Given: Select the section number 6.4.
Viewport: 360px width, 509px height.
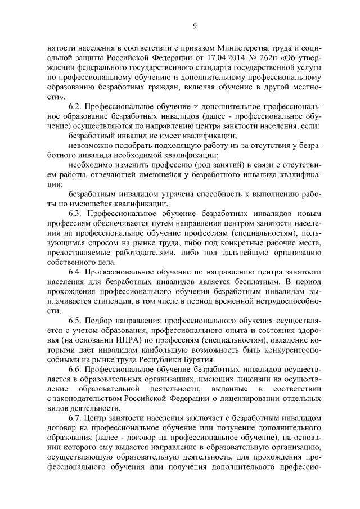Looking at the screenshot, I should coord(76,272).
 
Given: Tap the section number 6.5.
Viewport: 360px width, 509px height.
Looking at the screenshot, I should coord(76,321).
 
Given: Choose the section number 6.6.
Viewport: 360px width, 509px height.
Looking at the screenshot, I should coord(76,370).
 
